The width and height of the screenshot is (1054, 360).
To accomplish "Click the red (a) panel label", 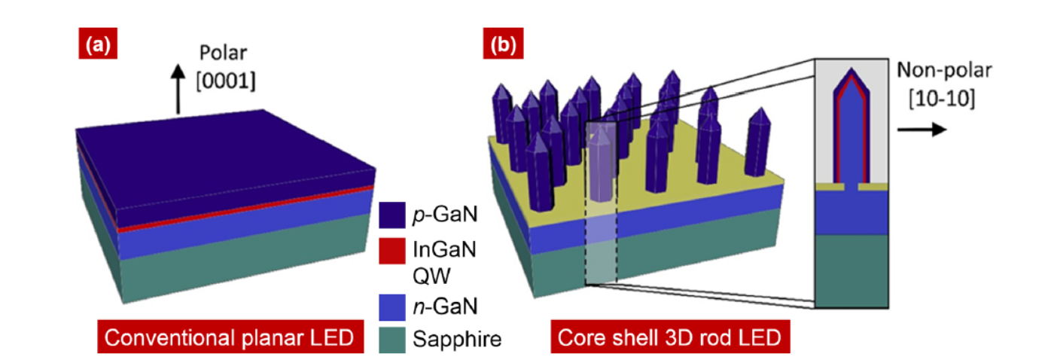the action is pos(98,44).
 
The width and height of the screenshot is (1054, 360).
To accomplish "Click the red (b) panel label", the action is pos(503,44).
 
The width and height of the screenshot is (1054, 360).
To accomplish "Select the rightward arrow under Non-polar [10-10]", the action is pos(921,129).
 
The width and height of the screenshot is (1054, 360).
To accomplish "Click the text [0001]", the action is pos(226,81).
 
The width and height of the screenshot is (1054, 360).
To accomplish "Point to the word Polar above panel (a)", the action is pos(223,53).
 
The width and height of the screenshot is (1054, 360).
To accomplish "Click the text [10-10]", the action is pos(942,99).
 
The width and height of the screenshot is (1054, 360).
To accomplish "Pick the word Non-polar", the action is pos(944,70).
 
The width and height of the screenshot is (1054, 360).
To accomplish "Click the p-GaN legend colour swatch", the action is pos(392,215).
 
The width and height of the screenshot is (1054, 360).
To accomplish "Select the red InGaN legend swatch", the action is pos(392,251).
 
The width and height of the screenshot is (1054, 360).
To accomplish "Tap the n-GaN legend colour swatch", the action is pos(392,307).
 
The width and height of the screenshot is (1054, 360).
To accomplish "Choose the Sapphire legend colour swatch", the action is pos(392,340).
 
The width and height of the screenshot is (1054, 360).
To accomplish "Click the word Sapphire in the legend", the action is pos(457,340).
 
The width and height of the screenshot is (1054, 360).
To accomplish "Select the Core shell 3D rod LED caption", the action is pos(670,337).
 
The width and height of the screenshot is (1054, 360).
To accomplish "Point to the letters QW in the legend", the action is pos(431,276).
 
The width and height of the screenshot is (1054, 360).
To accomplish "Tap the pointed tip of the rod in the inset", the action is pos(851,69).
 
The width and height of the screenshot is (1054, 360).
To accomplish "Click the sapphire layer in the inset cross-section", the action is pos(851,271).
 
